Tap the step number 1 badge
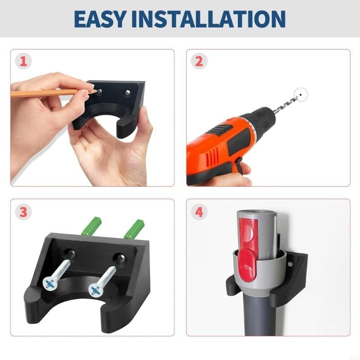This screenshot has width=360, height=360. (x=22, y=61)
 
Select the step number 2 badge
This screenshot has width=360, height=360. (x=198, y=61)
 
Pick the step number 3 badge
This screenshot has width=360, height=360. (x=22, y=211)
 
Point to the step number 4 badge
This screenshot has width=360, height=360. (x=198, y=211)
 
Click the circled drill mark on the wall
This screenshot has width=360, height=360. (x=298, y=95)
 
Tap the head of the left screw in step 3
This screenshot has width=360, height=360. (x=49, y=283)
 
